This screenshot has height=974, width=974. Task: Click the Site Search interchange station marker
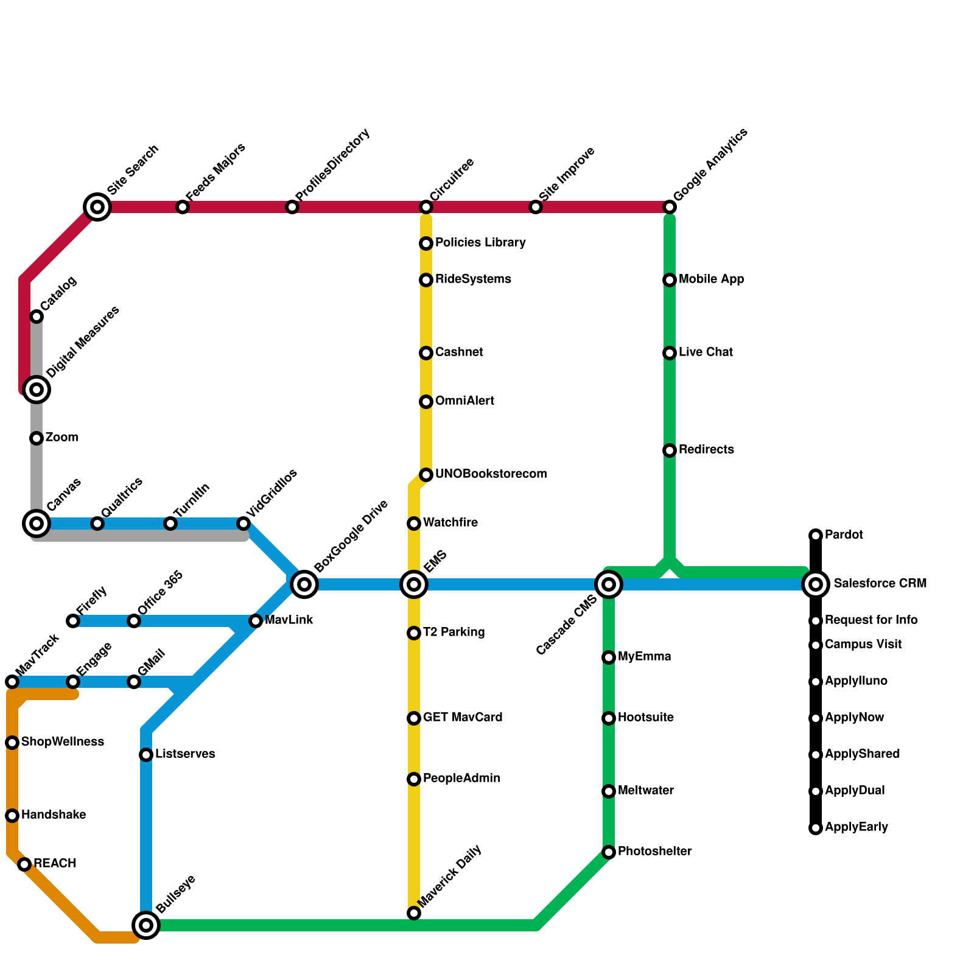(97, 207)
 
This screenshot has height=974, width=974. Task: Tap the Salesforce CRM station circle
(816, 584)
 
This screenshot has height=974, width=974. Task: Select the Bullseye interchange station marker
(146, 925)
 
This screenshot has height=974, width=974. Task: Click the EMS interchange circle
(414, 584)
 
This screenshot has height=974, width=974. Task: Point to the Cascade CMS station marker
(609, 584)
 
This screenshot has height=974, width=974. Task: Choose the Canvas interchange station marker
(37, 523)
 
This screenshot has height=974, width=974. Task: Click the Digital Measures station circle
(37, 389)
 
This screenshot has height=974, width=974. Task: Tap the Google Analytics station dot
(670, 207)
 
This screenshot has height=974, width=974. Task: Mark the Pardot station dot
(816, 536)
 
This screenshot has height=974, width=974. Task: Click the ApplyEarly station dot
(816, 828)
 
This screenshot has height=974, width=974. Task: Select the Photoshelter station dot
(609, 852)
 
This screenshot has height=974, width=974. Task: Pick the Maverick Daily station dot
(414, 913)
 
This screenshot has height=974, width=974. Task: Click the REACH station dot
(24, 864)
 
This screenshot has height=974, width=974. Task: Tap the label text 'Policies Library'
(480, 243)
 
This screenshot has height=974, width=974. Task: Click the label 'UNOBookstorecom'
(491, 474)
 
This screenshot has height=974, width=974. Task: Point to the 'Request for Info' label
(871, 620)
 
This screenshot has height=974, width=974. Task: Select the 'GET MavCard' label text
(463, 718)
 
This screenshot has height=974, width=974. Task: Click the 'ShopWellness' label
(62, 742)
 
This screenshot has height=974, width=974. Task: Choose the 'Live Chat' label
(706, 352)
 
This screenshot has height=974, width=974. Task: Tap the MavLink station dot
(256, 621)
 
